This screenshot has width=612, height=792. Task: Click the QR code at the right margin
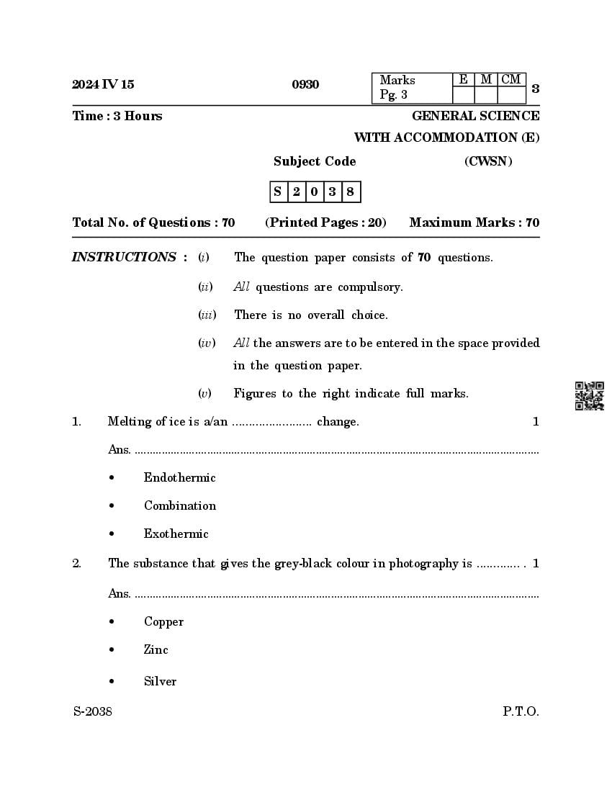pyautogui.click(x=589, y=396)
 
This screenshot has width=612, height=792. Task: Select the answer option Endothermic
pyautogui.click(x=179, y=477)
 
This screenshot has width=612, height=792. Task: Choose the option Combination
pyautogui.click(x=179, y=505)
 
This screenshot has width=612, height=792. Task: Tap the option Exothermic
pyautogui.click(x=176, y=534)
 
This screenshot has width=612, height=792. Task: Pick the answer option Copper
pyautogui.click(x=163, y=621)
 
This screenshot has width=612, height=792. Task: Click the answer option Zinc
pyautogui.click(x=156, y=649)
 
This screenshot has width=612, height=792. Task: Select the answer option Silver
pyautogui.click(x=160, y=681)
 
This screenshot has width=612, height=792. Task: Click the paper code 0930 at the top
pyautogui.click(x=305, y=85)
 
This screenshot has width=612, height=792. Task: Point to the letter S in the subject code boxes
pyautogui.click(x=278, y=192)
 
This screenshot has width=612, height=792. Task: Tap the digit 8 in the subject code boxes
pyautogui.click(x=351, y=192)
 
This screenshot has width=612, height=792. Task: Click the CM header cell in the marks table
pyautogui.click(x=511, y=80)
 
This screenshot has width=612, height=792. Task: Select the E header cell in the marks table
pyautogui.click(x=463, y=80)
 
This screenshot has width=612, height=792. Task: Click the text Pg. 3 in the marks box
pyautogui.click(x=394, y=95)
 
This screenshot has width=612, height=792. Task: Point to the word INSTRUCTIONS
pyautogui.click(x=124, y=257)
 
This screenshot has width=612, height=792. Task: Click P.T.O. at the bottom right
pyautogui.click(x=521, y=711)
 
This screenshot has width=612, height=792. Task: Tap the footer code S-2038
pyautogui.click(x=92, y=711)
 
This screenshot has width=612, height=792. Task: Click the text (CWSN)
pyautogui.click(x=488, y=161)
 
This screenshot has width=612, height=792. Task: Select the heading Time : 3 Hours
pyautogui.click(x=117, y=116)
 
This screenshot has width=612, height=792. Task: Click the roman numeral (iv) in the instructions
pyautogui.click(x=207, y=343)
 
